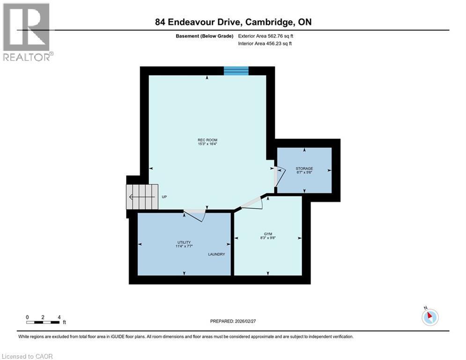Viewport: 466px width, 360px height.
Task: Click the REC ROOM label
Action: [207, 140]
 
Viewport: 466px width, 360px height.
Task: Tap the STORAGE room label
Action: [304, 168]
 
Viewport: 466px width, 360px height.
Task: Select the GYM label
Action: [267, 233]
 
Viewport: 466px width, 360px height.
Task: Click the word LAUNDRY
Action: [217, 254]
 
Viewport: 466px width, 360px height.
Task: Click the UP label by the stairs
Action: [164, 197]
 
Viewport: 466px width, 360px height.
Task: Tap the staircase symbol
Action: [141, 197]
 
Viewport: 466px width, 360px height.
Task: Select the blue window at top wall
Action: [236, 71]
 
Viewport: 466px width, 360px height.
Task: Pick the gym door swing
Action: [253, 203]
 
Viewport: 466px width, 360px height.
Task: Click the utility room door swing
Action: [194, 215]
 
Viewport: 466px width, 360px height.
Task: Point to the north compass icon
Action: [429, 317]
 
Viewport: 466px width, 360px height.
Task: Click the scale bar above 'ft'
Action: [43, 322]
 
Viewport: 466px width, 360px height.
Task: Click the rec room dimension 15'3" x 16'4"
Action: [207, 144]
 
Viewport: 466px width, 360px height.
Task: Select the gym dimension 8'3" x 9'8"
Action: [267, 238]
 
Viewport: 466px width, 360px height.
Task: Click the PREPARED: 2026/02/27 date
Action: [234, 321]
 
